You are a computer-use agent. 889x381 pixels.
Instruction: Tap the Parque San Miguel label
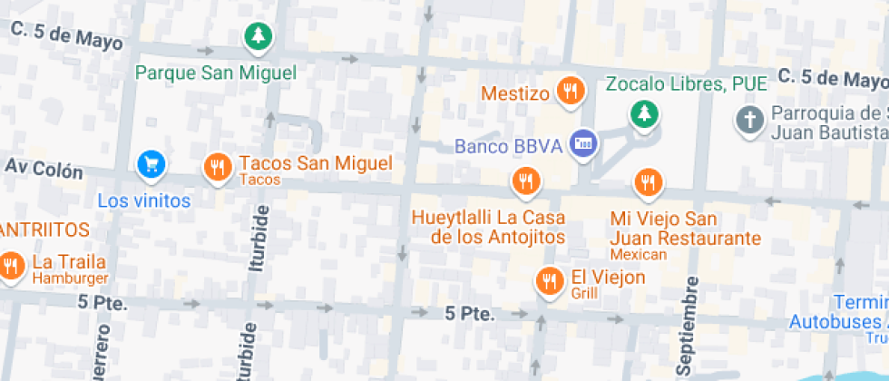(x=216, y=73)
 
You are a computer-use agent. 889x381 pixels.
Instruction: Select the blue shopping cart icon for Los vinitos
(x=151, y=164)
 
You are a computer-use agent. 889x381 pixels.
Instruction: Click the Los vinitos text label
(x=144, y=200)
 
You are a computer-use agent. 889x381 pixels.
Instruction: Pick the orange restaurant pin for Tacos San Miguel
(x=217, y=167)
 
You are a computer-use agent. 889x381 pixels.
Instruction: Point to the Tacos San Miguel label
(x=315, y=164)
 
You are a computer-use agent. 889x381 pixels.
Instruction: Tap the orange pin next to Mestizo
(x=570, y=90)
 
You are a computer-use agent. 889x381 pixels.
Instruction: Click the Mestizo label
(x=515, y=93)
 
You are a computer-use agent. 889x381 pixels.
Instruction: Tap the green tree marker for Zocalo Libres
(x=644, y=113)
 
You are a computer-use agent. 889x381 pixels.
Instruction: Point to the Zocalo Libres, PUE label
(x=687, y=84)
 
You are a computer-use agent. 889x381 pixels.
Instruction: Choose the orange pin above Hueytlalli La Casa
(x=523, y=181)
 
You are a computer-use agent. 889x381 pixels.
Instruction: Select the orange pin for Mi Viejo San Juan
(x=647, y=182)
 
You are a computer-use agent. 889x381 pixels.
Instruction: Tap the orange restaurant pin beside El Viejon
(x=548, y=279)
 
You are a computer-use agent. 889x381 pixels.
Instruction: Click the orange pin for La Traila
(x=11, y=265)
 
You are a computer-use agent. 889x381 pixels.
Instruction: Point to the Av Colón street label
(x=44, y=170)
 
